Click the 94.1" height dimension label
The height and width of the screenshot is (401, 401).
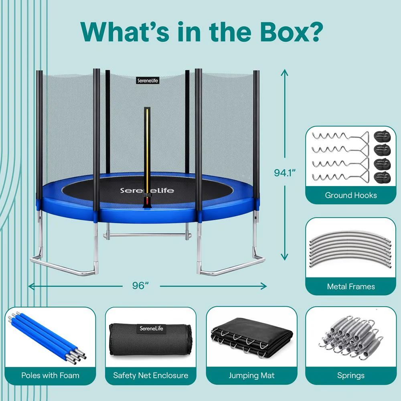[285, 172]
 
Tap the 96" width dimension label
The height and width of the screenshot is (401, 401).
[141, 286]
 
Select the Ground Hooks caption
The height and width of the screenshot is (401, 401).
[350, 195]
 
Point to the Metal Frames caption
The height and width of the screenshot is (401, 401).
[350, 286]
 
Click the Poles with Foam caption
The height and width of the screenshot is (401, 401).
[51, 375]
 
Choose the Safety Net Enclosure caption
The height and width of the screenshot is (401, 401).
[151, 375]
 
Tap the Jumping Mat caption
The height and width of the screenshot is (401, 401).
[251, 375]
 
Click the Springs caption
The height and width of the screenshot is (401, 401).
[350, 375]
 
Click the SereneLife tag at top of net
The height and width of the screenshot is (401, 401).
[148, 81]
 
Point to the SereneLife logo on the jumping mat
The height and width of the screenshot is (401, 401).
[147, 190]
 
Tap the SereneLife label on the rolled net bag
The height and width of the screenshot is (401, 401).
[151, 328]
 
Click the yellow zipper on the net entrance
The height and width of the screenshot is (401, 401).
[147, 151]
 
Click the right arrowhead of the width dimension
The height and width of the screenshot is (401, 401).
[264, 286]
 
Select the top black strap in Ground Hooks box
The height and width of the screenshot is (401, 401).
[382, 137]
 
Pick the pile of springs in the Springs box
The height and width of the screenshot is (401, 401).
[351, 337]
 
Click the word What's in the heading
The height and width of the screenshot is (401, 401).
[125, 32]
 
